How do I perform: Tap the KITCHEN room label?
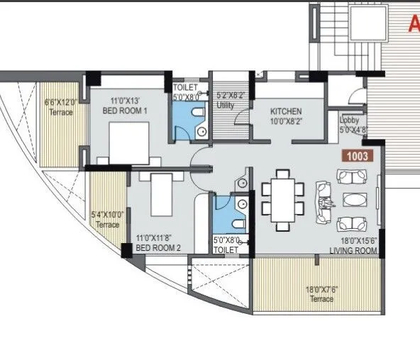pyautogui.click(x=287, y=111)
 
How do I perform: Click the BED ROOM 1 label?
pyautogui.click(x=125, y=111)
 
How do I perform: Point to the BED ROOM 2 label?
pyautogui.click(x=158, y=247)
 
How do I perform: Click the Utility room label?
pyautogui.click(x=226, y=106)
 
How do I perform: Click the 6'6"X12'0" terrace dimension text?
pyautogui.click(x=60, y=102)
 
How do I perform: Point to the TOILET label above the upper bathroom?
pyautogui.click(x=186, y=87)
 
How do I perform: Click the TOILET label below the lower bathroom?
pyautogui.click(x=226, y=250)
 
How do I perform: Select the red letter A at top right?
pyautogui.click(x=414, y=25)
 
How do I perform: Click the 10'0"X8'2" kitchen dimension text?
pyautogui.click(x=287, y=121)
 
